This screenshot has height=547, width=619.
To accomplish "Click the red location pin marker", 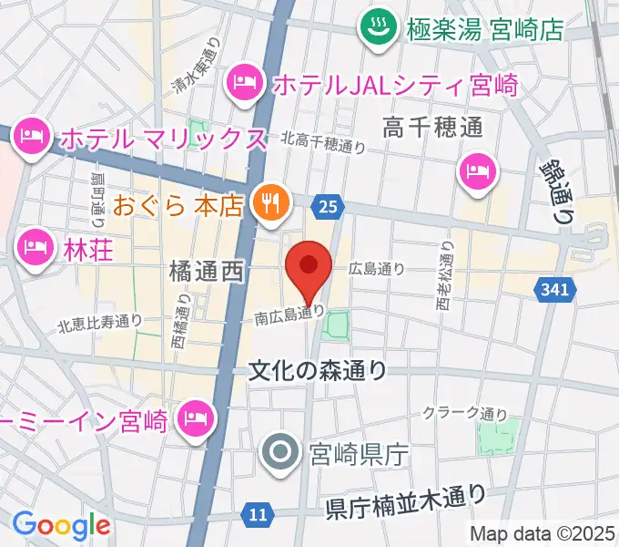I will (309, 266).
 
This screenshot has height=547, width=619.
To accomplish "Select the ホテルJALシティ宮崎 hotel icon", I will (245, 85).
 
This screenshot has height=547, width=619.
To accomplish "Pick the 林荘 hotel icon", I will (35, 246).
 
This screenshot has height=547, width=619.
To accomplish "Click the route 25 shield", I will (328, 208).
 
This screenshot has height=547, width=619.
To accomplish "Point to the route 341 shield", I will (558, 290).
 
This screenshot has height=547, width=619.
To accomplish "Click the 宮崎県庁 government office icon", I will (279, 451).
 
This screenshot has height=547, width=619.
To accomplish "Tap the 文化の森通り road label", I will (318, 370).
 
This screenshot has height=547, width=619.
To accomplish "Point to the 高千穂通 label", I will (432, 127).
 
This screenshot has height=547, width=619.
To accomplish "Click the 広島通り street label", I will (377, 269).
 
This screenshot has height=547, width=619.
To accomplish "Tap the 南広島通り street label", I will (289, 315).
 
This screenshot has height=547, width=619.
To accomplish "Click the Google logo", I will (61, 525).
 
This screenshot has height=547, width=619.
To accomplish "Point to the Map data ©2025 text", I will (543, 533).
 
